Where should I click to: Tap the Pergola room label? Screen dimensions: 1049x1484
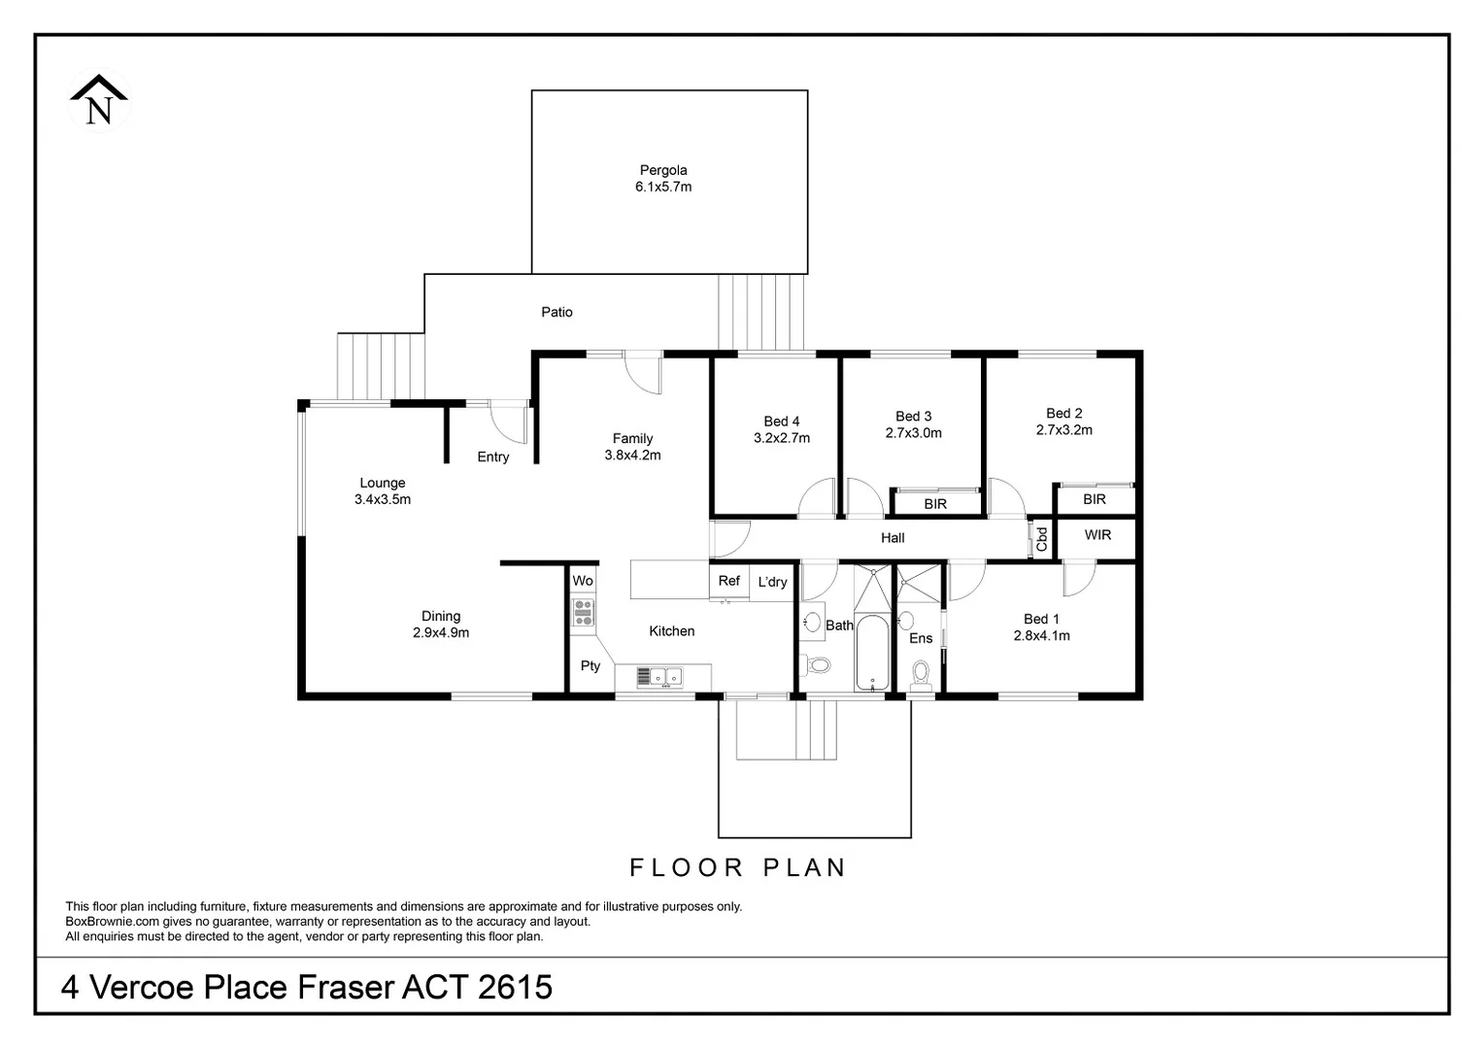point(663,179)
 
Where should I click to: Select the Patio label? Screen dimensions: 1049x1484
point(556,312)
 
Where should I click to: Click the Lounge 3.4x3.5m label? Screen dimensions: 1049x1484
point(383,491)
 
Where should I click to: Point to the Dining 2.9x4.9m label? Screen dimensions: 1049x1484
point(441,625)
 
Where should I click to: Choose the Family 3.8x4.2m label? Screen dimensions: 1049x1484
point(632,447)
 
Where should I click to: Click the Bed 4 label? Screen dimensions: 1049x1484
point(782,429)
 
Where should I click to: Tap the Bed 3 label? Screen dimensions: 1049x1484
point(913,424)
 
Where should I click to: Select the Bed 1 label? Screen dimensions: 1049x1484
point(1041,627)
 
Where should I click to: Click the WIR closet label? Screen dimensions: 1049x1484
point(1097,535)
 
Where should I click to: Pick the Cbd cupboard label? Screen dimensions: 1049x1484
point(1042,539)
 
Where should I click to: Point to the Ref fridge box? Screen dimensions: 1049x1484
point(728,581)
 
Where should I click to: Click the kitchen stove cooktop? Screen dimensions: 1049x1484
point(583,611)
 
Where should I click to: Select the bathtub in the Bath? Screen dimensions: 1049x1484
point(871,652)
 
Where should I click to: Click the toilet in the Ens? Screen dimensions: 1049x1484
point(921,673)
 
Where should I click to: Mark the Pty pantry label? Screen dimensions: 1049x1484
point(590,665)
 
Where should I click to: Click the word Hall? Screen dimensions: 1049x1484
point(893,537)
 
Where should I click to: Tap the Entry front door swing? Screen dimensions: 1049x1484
point(507,422)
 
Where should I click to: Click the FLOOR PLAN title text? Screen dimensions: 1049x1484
point(738,867)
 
